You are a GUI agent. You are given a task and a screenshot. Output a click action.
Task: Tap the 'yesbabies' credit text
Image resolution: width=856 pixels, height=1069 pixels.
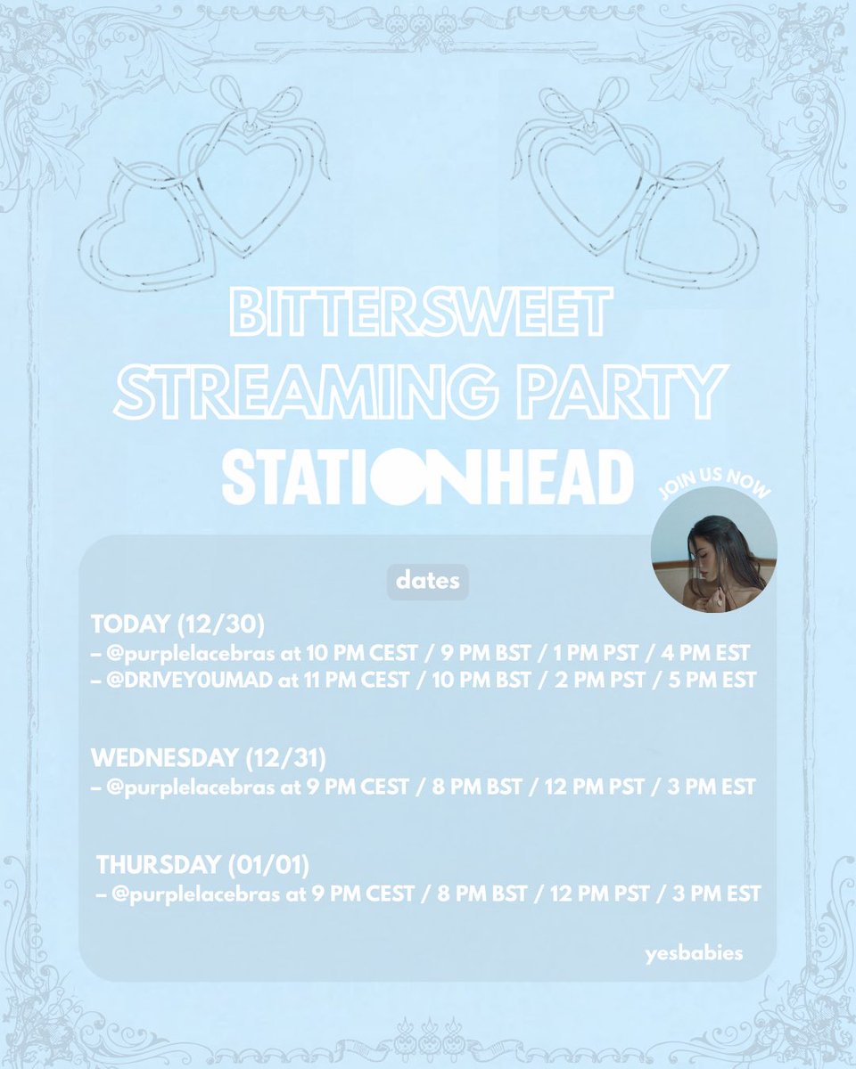tap(694, 954)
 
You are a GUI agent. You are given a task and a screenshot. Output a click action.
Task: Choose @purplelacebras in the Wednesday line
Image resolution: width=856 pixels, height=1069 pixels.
tap(186, 787)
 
